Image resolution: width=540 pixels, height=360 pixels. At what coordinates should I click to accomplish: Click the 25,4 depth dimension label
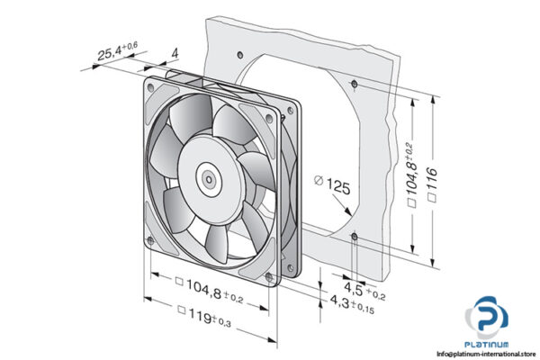point(116,51)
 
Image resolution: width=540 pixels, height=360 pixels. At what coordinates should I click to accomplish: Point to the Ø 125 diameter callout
point(334,186)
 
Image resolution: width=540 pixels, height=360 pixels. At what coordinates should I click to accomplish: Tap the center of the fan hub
point(209,178)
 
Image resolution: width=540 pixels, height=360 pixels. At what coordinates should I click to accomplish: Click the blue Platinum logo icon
point(486,321)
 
